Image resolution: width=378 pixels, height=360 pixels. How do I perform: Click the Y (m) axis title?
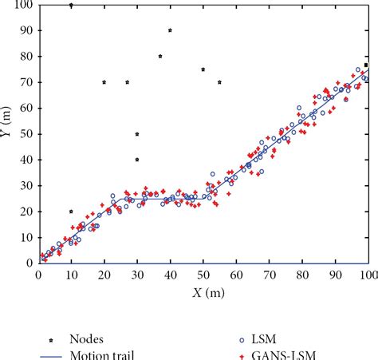pos(7,133)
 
